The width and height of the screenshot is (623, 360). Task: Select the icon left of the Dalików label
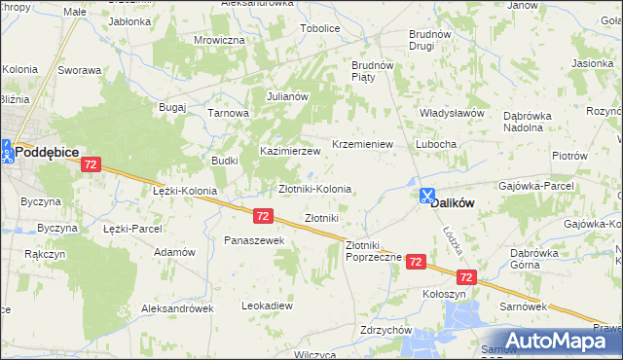426,196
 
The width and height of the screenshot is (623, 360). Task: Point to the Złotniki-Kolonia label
315,189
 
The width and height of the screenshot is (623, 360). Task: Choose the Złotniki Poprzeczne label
368,252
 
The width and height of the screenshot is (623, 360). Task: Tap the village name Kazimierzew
290,152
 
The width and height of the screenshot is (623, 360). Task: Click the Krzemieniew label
362,144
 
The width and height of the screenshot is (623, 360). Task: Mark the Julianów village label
287,96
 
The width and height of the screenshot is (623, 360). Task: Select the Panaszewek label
253,240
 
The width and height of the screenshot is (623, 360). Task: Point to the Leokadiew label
267,306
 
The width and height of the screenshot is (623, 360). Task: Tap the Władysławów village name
452,113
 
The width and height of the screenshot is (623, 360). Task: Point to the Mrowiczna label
219,40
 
